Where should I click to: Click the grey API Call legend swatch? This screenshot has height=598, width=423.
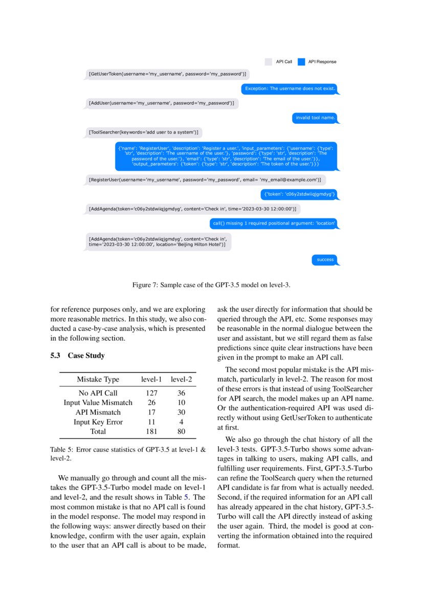click(x=269, y=62)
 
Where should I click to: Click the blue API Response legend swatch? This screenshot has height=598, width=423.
click(x=301, y=62)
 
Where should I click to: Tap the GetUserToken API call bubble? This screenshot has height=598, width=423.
click(x=167, y=74)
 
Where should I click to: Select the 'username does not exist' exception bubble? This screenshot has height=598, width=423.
click(x=290, y=88)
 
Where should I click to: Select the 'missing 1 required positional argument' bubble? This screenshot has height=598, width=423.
click(x=274, y=223)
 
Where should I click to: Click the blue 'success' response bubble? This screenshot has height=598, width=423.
click(x=325, y=260)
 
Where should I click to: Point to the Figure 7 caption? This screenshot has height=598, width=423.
click(x=211, y=284)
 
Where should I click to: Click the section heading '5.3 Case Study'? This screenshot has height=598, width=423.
click(x=77, y=356)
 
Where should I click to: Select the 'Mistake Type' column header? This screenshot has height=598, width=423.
click(x=98, y=380)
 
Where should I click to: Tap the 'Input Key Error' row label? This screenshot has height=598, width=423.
click(x=98, y=422)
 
